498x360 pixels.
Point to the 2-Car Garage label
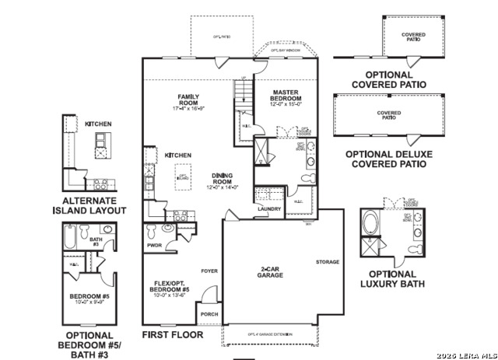click(x=271, y=271)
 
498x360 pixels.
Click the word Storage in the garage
click(x=328, y=262)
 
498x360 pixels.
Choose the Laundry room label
click(x=269, y=208)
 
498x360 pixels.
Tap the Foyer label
click(x=209, y=271)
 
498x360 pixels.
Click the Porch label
click(x=209, y=315)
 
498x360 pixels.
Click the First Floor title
click(x=172, y=334)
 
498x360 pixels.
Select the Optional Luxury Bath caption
click(x=392, y=279)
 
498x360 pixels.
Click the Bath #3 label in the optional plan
click(x=96, y=242)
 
